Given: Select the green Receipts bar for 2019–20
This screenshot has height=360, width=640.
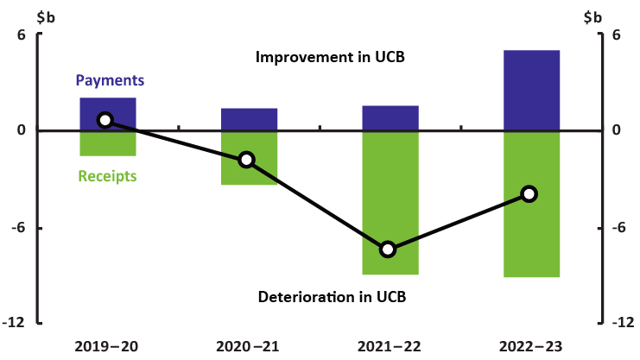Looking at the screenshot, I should (x=108, y=143).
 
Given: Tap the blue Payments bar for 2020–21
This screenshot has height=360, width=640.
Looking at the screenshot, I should (x=249, y=119).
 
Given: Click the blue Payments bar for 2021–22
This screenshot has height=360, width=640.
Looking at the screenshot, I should (x=390, y=118).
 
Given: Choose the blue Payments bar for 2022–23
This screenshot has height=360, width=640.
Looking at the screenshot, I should (x=531, y=91).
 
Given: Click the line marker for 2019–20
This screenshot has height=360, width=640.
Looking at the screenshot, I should (x=105, y=120).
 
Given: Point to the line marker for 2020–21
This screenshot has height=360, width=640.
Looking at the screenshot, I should (x=246, y=159).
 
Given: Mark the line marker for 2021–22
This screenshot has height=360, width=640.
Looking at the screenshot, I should (x=388, y=249).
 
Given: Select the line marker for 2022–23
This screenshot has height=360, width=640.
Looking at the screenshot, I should (x=529, y=193).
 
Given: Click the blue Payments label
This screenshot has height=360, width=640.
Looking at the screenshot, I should (x=110, y=80).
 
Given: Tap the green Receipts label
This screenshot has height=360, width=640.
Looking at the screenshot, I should (x=108, y=176).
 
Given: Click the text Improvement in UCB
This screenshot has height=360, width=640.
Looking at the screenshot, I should (x=331, y=58).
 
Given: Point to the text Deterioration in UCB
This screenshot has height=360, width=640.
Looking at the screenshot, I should (x=332, y=297).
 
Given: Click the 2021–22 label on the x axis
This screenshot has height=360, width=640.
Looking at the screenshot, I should (x=390, y=346).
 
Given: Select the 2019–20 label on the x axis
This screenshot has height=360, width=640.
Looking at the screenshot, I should (x=106, y=346).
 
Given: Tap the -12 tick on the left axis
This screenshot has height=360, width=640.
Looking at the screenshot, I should (x=15, y=323).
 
